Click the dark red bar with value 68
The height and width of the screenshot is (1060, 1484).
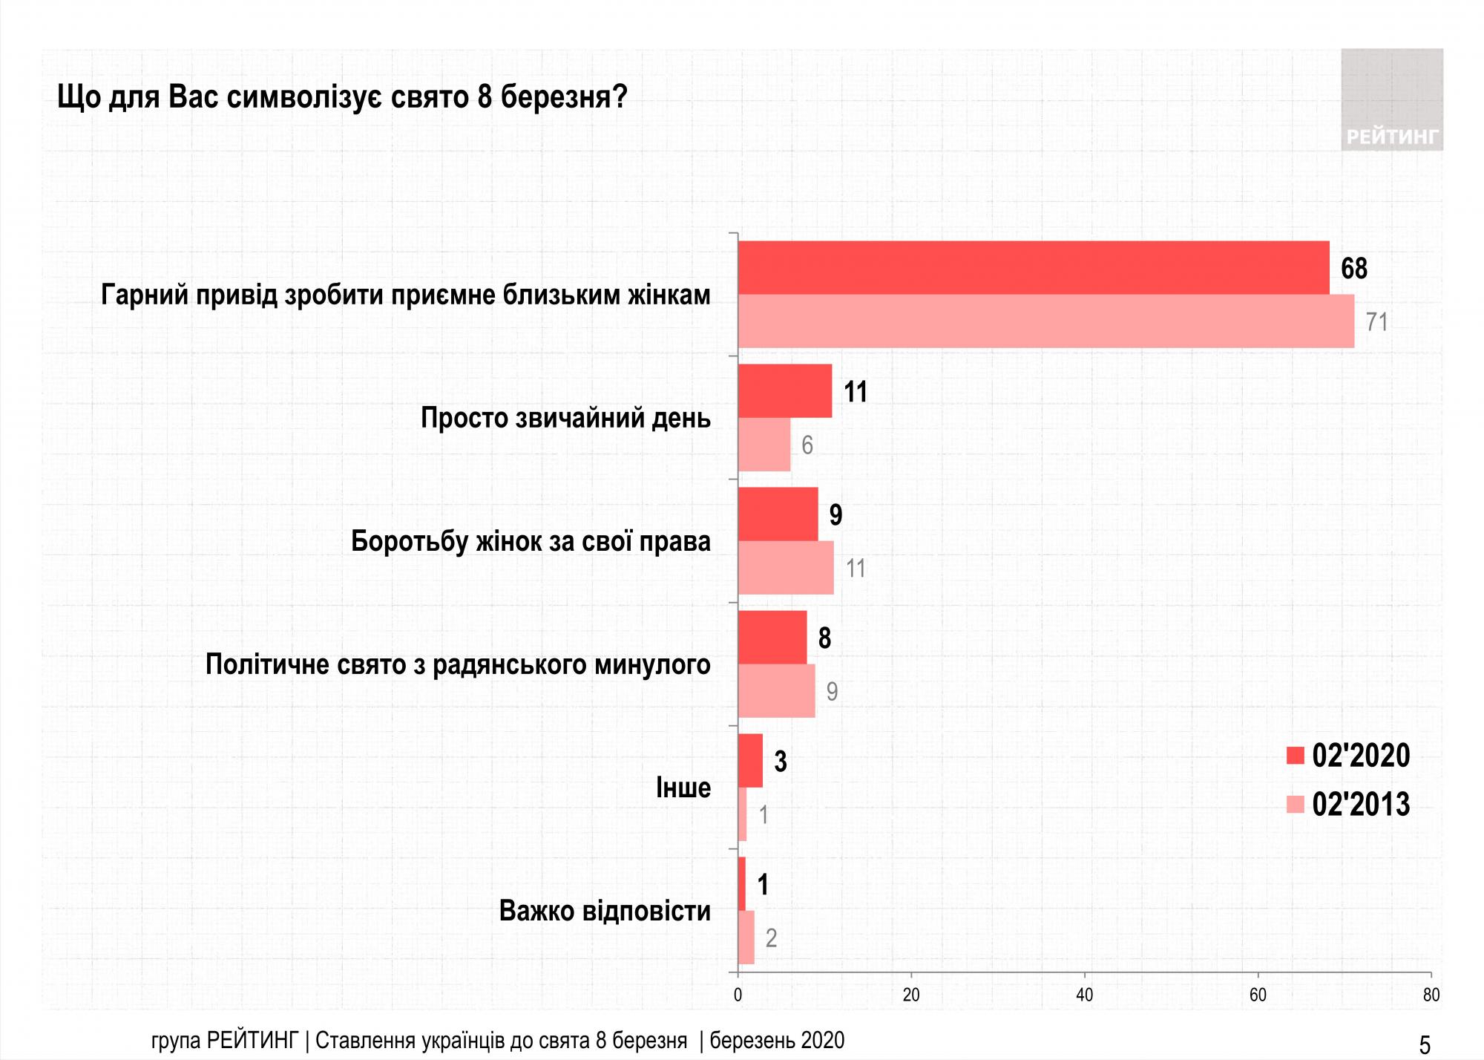(x=1033, y=267)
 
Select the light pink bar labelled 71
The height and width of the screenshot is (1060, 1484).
(x=1046, y=321)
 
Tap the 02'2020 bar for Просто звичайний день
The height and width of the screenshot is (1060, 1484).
(x=785, y=391)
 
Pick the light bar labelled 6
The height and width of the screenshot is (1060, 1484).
(x=764, y=445)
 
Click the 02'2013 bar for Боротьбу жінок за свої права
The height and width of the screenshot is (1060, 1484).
(x=786, y=568)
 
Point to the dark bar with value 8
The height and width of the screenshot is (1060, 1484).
(x=772, y=638)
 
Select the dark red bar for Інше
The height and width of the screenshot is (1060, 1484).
(x=750, y=761)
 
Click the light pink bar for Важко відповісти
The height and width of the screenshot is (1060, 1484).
(x=746, y=938)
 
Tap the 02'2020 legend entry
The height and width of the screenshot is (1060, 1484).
(x=1347, y=756)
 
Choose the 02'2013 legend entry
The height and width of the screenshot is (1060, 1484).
(x=1347, y=805)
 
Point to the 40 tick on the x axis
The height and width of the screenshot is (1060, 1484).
(x=1084, y=995)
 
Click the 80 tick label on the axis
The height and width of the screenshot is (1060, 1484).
(x=1431, y=995)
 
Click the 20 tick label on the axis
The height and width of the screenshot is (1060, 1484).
(x=911, y=995)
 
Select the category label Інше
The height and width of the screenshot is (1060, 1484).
(x=683, y=788)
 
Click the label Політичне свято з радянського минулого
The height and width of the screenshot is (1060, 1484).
(x=458, y=664)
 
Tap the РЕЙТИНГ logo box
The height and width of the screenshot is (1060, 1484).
(x=1391, y=99)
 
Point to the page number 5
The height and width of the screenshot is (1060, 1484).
(x=1424, y=1045)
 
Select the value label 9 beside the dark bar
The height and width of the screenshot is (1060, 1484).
(x=835, y=514)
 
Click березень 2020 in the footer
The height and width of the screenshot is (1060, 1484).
(x=777, y=1041)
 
